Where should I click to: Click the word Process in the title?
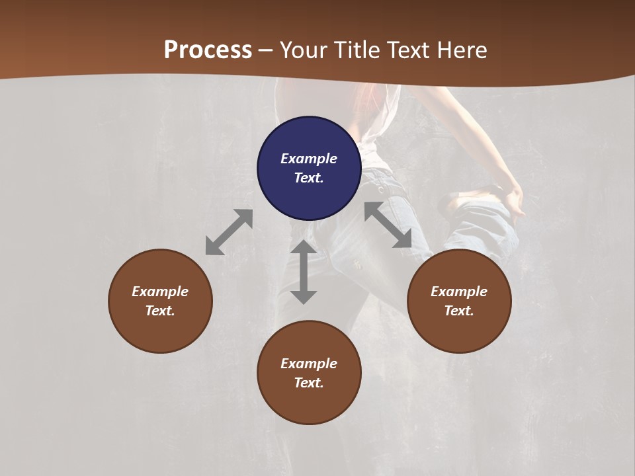pyautogui.click(x=208, y=50)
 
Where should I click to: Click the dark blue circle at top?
pyautogui.click(x=309, y=139)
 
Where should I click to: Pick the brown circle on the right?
pyautogui.click(x=459, y=331)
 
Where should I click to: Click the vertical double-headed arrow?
pyautogui.click(x=304, y=272)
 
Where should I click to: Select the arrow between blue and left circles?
pyautogui.click(x=229, y=232)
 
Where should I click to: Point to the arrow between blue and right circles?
pyautogui.click(x=388, y=225)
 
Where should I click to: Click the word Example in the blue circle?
pyautogui.click(x=309, y=159)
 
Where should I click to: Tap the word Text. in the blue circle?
pyautogui.click(x=309, y=178)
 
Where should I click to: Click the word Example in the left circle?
pyautogui.click(x=160, y=292)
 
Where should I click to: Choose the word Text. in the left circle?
pyautogui.click(x=160, y=311)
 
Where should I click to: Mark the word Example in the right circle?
pyautogui.click(x=459, y=292)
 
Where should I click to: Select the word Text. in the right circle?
pyautogui.click(x=459, y=311)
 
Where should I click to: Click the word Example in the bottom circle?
pyautogui.click(x=309, y=364)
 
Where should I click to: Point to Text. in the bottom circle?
pyautogui.click(x=309, y=383)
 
